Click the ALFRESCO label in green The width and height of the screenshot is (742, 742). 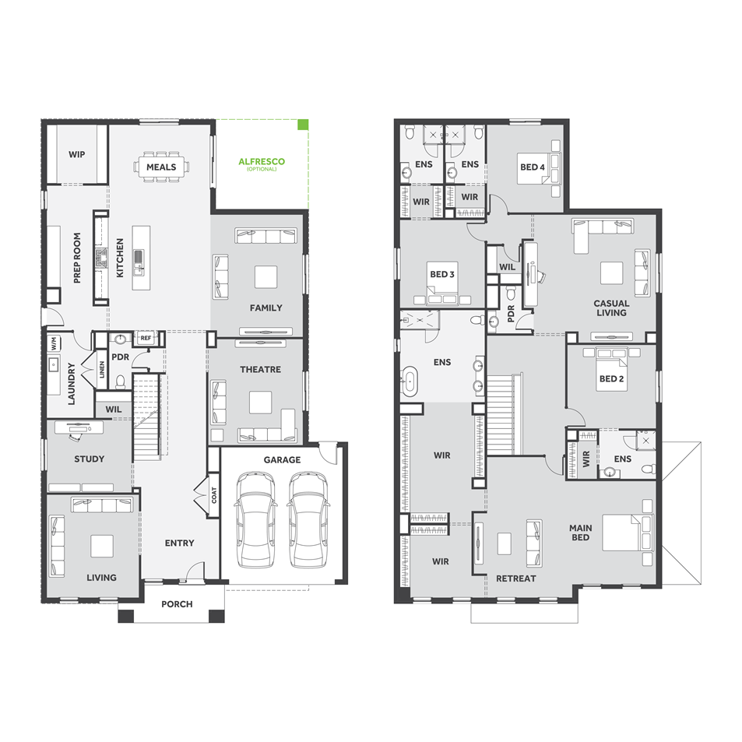tap(262, 162)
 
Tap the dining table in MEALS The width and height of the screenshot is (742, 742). tap(161, 167)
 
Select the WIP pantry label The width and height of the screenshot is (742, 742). tap(76, 154)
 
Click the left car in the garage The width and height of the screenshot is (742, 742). tap(255, 519)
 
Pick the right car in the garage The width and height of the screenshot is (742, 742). tap(308, 519)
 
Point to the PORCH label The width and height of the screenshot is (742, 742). tap(177, 604)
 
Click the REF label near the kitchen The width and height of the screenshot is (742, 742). tap(146, 338)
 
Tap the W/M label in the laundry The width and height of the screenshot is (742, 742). tap(54, 343)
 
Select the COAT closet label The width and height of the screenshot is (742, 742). tap(214, 495)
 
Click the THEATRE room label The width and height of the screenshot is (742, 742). tap(260, 370)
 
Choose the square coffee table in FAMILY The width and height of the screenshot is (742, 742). tap(266, 277)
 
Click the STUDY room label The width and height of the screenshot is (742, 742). tap(90, 459)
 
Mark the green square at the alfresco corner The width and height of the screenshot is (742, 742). tap(303, 125)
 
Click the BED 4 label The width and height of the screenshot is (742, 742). tap(533, 167)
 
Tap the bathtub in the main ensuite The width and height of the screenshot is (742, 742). tap(410, 381)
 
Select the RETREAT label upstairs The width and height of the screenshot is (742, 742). tap(515, 578)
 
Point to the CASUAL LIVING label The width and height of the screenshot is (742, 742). tap(611, 308)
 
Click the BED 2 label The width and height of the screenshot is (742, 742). tap(611, 378)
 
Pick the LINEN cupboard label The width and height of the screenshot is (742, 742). tap(102, 369)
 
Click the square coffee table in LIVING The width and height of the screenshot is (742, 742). tap(102, 546)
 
